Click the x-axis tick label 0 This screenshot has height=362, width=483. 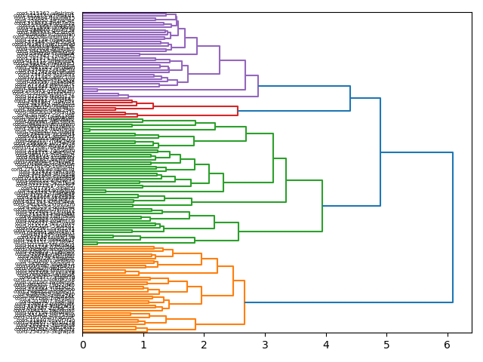click(83, 345)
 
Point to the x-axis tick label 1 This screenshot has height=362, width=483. click(143, 345)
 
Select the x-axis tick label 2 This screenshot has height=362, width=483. click(205, 345)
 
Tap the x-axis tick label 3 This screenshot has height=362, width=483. click(265, 345)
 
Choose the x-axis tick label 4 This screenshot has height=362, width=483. click(326, 345)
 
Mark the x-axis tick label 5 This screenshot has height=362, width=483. click(386, 345)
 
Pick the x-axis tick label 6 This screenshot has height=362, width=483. click(448, 345)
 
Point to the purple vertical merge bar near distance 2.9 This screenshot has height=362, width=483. click(258, 86)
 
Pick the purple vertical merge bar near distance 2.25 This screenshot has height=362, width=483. click(220, 60)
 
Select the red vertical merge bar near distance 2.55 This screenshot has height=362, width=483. click(238, 111)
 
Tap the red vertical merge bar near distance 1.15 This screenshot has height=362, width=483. click(153, 106)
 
